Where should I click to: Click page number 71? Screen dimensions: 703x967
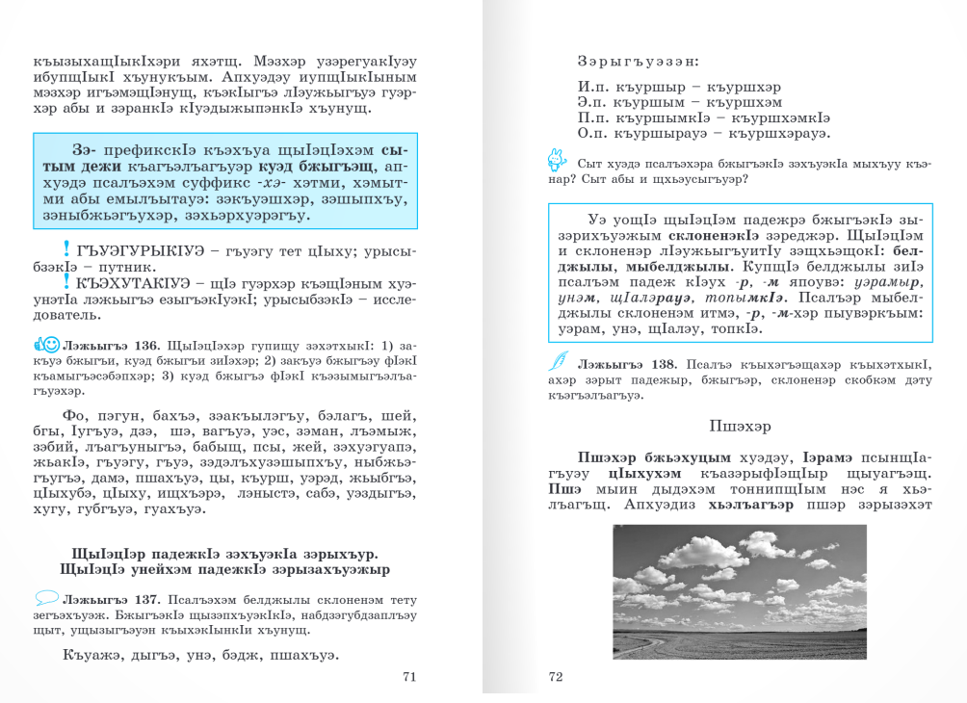point(408,677)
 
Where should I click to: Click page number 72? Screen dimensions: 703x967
point(555,677)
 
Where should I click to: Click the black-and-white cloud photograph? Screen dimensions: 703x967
point(740,591)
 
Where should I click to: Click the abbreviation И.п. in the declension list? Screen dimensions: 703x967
point(592,87)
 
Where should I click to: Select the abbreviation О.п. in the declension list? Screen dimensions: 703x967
point(593,133)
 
